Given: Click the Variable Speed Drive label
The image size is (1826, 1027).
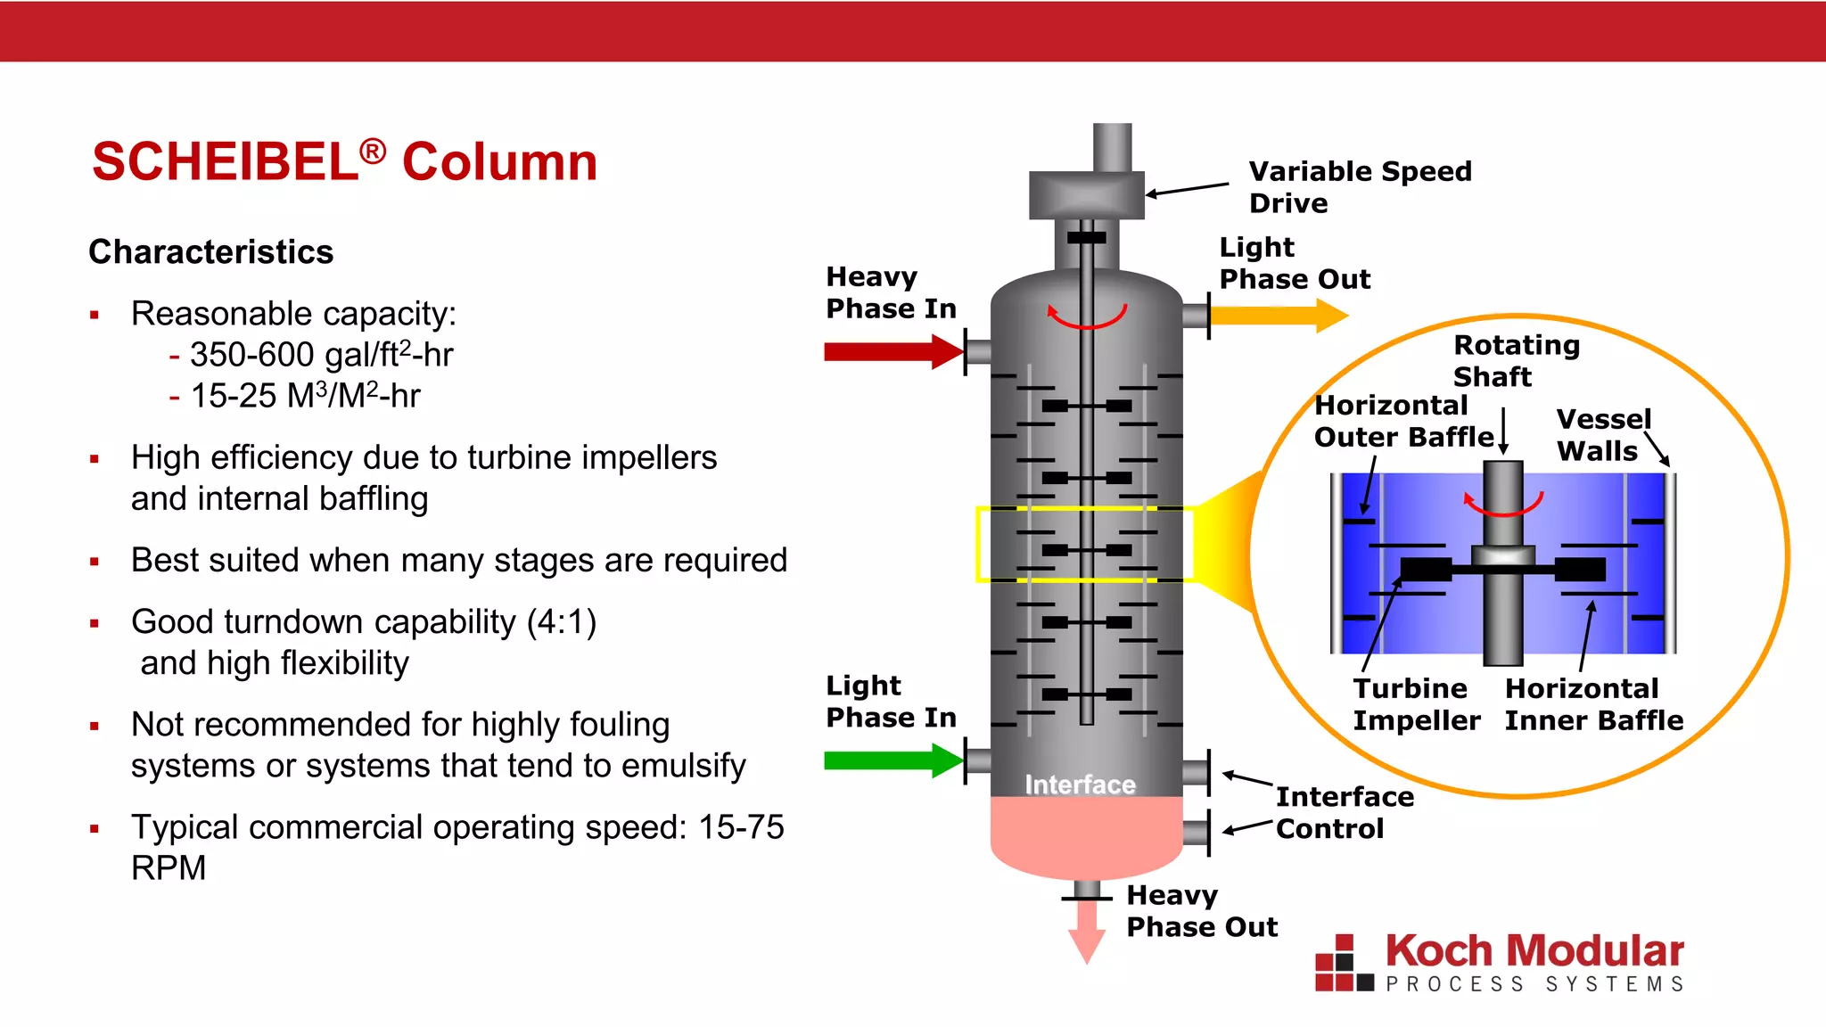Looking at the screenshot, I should coord(1359,186).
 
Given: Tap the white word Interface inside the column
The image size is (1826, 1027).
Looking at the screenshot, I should coord(1080,785).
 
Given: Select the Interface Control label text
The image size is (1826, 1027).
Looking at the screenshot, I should coord(1344,812).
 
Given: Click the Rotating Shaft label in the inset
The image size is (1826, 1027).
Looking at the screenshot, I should coord(1516,360).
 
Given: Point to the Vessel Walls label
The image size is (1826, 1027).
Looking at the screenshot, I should coord(1603,435).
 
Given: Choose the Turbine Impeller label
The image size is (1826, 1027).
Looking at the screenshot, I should coord(1416,704).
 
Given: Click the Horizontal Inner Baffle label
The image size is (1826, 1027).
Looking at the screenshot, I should coord(1593,704).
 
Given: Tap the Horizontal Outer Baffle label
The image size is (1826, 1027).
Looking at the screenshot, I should coord(1402,421).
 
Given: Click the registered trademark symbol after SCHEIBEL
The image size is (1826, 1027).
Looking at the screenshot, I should coord(373,151).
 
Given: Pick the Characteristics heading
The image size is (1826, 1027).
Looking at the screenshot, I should coord(211,252).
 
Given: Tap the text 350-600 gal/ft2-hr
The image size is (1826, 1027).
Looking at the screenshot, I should coord(321,355).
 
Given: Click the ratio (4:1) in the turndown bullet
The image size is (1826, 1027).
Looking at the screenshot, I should coord(561,621).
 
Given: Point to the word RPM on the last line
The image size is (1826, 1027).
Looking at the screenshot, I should coord(169,867).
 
